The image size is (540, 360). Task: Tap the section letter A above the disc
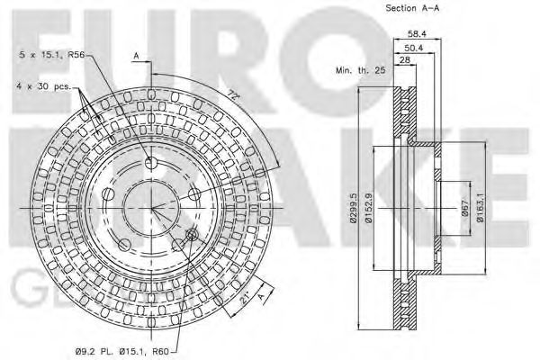(x=137, y=56)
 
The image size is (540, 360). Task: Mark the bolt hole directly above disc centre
(x=151, y=162)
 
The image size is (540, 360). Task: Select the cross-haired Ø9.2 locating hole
(x=191, y=236)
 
